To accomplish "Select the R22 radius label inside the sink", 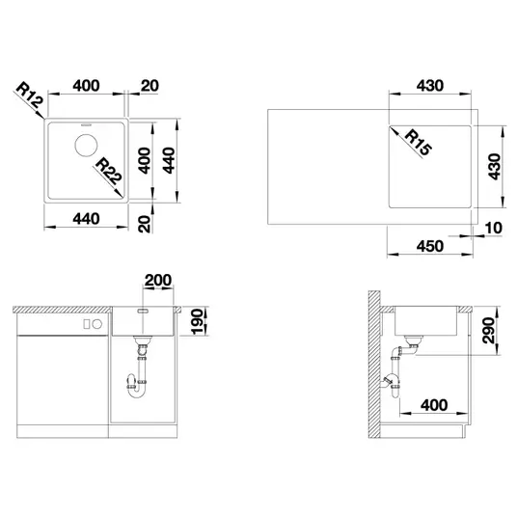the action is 109,171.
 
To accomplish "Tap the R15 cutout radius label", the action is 418,143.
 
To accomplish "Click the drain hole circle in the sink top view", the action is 86,145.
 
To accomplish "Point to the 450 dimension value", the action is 430,246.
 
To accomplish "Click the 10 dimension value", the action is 494,228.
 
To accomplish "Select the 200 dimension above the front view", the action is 158,280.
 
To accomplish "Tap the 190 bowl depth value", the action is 197,321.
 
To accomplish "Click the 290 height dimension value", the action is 488,331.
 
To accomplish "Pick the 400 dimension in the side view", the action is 434,405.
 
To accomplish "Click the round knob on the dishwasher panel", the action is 96,324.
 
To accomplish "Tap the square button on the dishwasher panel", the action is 87,324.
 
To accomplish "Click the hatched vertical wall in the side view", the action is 374,365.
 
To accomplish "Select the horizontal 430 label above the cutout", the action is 430,86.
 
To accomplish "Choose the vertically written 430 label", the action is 494,167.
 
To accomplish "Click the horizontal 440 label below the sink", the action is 86,219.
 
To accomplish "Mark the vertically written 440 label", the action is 169,160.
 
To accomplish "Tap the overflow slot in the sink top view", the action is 86,125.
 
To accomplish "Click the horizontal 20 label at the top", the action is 150,86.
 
